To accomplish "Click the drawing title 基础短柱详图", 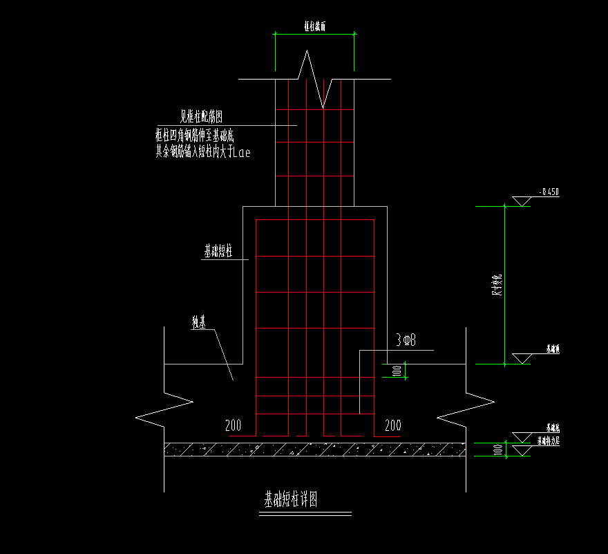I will pyautogui.click(x=291, y=499).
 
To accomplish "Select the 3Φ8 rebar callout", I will pyautogui.click(x=405, y=340).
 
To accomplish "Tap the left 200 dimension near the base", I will pyautogui.click(x=234, y=425).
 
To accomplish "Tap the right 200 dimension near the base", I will pyautogui.click(x=392, y=425).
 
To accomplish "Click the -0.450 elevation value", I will pyautogui.click(x=548, y=192).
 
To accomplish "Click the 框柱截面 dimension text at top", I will pyautogui.click(x=314, y=26).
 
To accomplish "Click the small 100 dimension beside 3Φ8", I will pyautogui.click(x=397, y=371).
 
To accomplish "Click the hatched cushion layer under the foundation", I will pyautogui.click(x=314, y=450).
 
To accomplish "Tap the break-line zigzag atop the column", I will pyautogui.click(x=314, y=80).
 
